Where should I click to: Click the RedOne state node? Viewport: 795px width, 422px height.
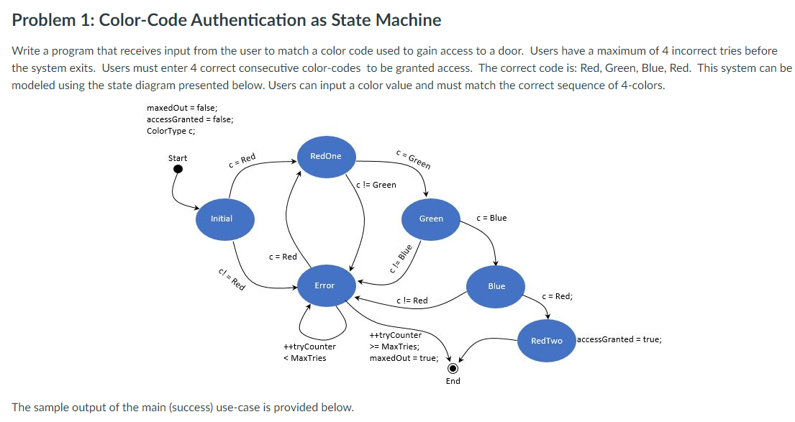pyautogui.click(x=325, y=156)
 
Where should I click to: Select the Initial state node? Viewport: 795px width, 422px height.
pyautogui.click(x=222, y=219)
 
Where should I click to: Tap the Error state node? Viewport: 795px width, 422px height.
pyautogui.click(x=324, y=285)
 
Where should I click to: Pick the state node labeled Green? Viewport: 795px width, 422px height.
pyautogui.click(x=431, y=219)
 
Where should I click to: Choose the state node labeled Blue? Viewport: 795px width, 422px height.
pyautogui.click(x=496, y=286)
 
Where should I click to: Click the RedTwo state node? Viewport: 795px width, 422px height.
pyautogui.click(x=546, y=340)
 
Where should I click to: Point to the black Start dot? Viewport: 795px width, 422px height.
pyautogui.click(x=176, y=170)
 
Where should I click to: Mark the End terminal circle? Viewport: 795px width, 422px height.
pyautogui.click(x=453, y=366)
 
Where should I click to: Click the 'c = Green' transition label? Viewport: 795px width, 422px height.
pyautogui.click(x=414, y=159)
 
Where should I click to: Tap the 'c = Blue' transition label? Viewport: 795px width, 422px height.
pyautogui.click(x=491, y=218)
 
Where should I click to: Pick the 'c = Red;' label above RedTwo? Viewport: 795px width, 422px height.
pyautogui.click(x=557, y=296)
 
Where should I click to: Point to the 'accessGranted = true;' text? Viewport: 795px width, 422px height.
pyautogui.click(x=619, y=339)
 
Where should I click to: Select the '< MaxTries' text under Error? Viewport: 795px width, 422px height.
pyautogui.click(x=305, y=358)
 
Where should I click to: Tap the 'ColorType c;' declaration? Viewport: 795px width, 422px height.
pyautogui.click(x=171, y=131)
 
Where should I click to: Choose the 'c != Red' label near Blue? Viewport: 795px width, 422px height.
pyautogui.click(x=412, y=301)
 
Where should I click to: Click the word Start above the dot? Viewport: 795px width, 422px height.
pyautogui.click(x=177, y=158)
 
